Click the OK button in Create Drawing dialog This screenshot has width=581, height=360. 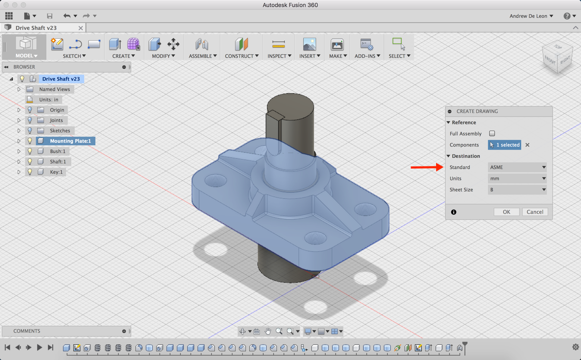pos(506,212)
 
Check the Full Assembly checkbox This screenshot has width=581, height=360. pos(492,134)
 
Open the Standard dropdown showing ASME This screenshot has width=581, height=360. pos(517,167)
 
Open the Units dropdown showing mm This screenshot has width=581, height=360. pos(517,178)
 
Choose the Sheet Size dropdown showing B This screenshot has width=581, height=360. pos(517,190)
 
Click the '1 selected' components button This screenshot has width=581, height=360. pos(504,145)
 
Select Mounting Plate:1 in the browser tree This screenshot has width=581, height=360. pos(70,141)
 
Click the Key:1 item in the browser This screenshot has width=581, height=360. pos(56,172)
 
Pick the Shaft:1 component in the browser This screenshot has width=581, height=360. pos(58,162)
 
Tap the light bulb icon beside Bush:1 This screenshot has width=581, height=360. pos(30,151)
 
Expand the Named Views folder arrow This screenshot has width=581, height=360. pos(19,89)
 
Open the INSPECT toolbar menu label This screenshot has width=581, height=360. pos(279,56)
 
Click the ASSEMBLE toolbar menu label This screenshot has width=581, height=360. pos(202,56)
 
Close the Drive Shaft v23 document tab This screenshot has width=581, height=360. pos(81,28)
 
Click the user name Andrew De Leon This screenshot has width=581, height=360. pos(531,16)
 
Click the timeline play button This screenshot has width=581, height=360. pos(39,347)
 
